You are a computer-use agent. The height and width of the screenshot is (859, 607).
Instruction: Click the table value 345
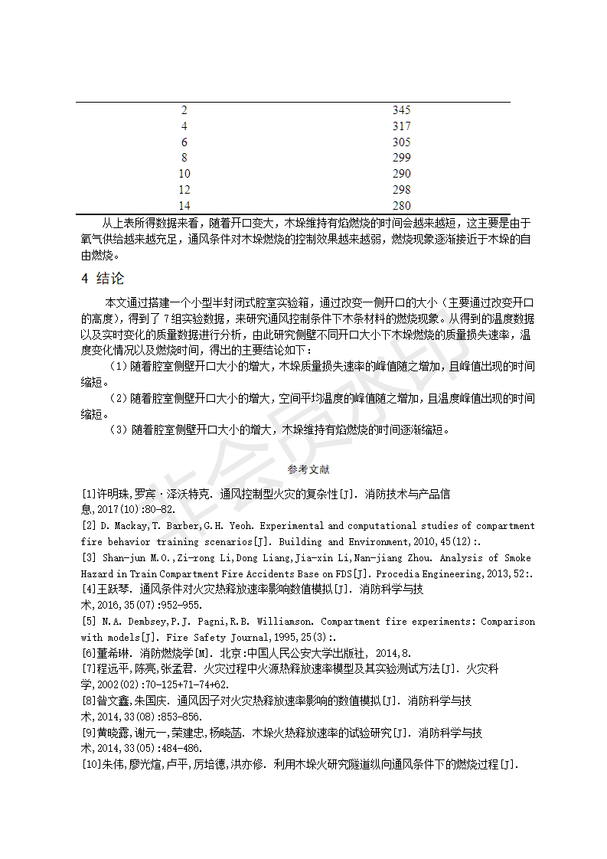(x=401, y=110)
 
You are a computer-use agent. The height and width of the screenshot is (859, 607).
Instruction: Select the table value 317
(x=401, y=126)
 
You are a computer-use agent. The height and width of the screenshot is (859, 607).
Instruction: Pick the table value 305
(x=401, y=142)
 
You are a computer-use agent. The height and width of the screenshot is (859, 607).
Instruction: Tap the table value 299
(x=401, y=158)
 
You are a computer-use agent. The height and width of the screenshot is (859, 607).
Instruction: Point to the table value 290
(x=401, y=174)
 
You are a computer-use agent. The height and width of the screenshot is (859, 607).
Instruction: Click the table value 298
(x=401, y=190)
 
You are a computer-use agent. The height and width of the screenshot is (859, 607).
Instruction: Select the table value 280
(x=401, y=205)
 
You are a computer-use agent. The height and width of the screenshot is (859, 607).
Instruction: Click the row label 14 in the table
(x=184, y=205)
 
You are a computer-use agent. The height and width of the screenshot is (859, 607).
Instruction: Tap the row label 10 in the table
(x=184, y=174)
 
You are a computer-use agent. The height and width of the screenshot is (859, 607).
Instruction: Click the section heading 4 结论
(x=103, y=278)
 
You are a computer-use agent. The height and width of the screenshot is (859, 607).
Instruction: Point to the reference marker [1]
(x=89, y=494)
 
